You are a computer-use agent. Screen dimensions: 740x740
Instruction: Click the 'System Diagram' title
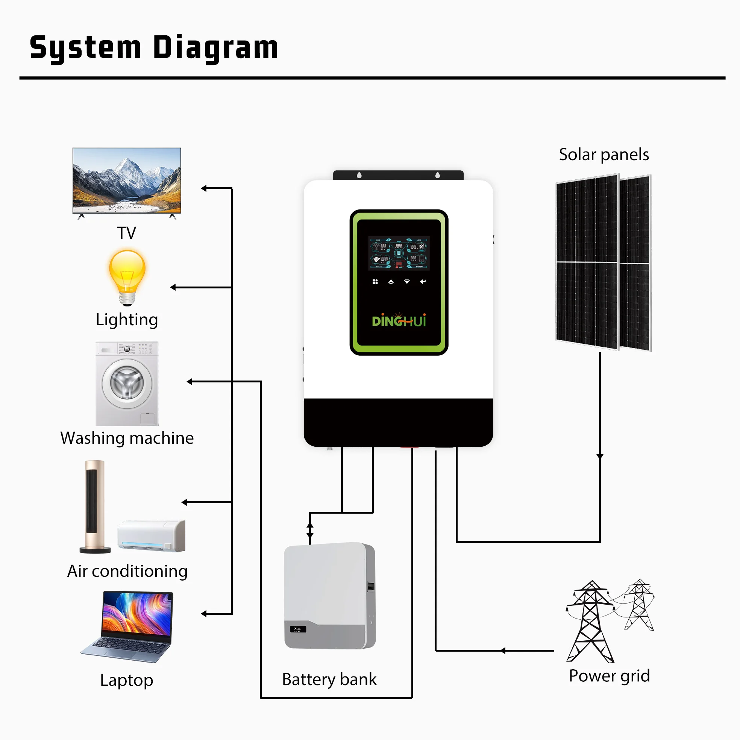[153, 47]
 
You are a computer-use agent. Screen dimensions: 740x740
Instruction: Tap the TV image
[127, 180]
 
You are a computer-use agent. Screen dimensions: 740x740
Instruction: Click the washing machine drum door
[127, 383]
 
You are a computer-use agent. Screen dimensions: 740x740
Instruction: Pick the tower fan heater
[95, 506]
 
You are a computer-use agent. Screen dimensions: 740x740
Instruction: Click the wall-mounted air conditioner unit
[152, 535]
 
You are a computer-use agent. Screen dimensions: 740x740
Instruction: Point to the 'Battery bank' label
[329, 679]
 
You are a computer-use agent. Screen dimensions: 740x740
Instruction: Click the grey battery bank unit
[329, 595]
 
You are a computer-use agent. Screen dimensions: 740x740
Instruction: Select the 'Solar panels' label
[604, 155]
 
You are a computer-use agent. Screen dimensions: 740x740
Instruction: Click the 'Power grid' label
[609, 675]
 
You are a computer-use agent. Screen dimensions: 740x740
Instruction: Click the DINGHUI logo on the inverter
[399, 320]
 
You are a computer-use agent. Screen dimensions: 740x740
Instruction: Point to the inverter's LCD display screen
[399, 253]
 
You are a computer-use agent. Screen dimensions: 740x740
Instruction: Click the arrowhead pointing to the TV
[204, 188]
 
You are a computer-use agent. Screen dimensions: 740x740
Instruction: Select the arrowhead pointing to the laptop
[204, 614]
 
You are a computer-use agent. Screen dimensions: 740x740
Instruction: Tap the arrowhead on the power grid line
[503, 651]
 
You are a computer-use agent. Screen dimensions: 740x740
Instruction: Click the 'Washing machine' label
[127, 438]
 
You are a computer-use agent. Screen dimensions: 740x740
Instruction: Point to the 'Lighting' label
[127, 320]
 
